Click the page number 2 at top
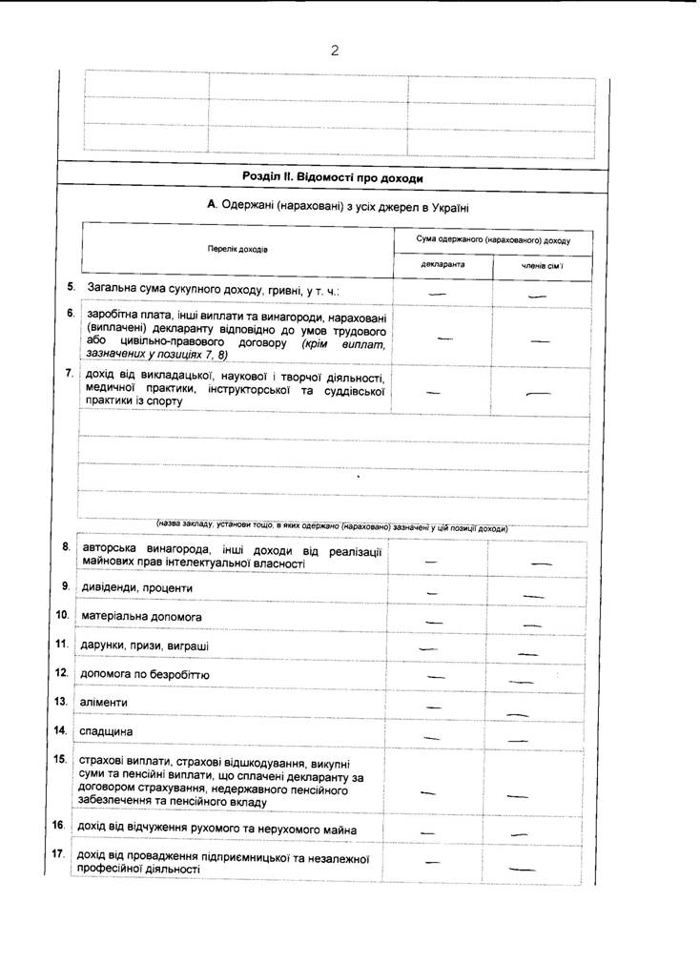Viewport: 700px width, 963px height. (x=335, y=51)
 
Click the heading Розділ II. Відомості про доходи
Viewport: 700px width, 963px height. (x=333, y=177)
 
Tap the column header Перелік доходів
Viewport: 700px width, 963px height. (x=237, y=250)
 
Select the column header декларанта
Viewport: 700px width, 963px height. (x=443, y=264)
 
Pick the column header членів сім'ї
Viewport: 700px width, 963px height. (x=542, y=265)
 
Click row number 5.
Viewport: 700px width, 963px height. (x=71, y=286)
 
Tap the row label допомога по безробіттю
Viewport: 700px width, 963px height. (x=146, y=674)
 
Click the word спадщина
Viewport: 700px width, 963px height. (x=107, y=731)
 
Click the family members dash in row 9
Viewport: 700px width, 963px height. (x=533, y=596)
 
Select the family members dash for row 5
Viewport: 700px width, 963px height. (x=537, y=297)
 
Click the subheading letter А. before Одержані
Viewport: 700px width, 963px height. (x=213, y=205)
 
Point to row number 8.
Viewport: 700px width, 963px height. (x=66, y=546)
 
